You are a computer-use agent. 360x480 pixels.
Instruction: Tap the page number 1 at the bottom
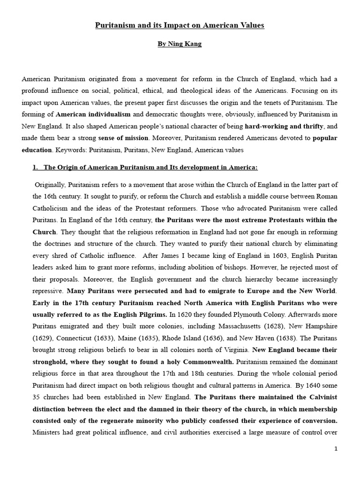[x=336, y=449]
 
